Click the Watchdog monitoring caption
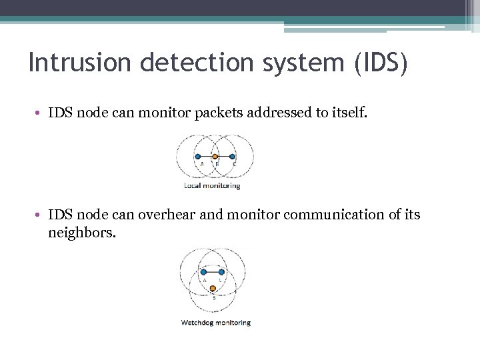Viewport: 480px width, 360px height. [x=215, y=323]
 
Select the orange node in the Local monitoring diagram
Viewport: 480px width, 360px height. [x=215, y=157]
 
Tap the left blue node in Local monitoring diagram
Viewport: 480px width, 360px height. [x=198, y=157]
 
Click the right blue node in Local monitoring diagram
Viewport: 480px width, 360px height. [x=233, y=157]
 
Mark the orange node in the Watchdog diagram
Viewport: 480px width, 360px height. [x=213, y=289]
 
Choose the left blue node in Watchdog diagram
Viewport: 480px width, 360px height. [x=203, y=272]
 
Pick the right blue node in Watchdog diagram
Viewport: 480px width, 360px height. [x=221, y=272]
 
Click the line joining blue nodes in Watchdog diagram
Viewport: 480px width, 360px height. [x=213, y=272]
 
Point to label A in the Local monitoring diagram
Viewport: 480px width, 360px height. [x=201, y=163]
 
